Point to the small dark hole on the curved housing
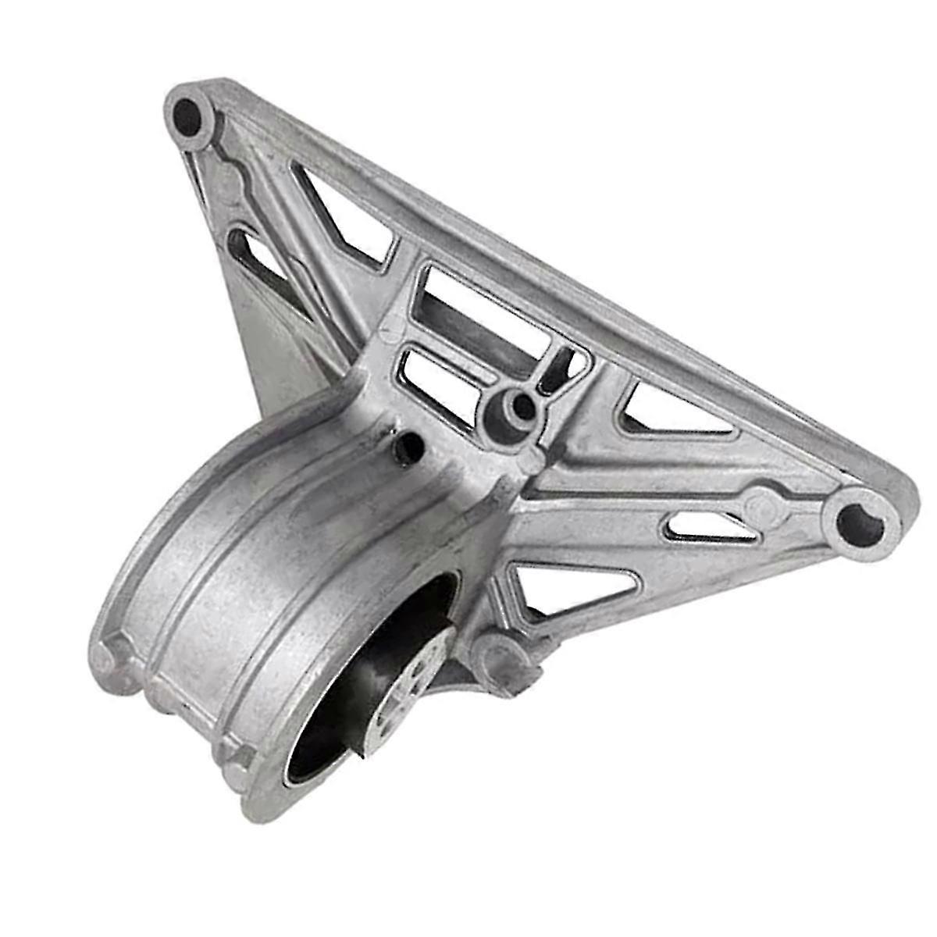[x=408, y=445]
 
